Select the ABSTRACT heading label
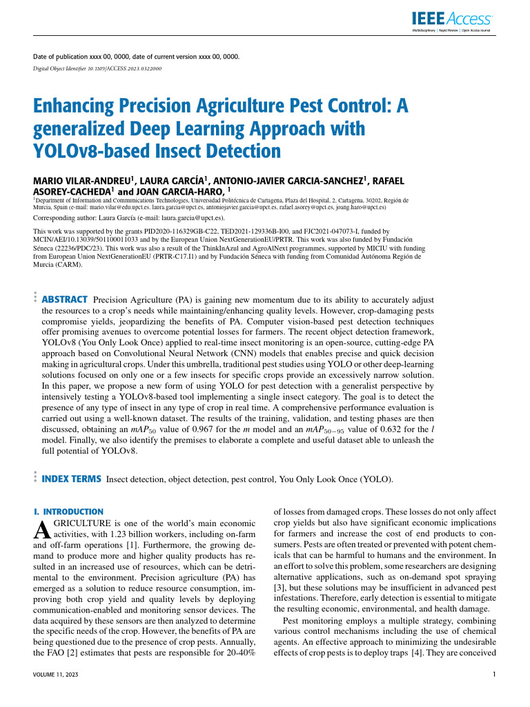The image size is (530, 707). (x=65, y=299)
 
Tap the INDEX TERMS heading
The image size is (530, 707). (x=72, y=478)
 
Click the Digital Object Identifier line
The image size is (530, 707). (x=98, y=69)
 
